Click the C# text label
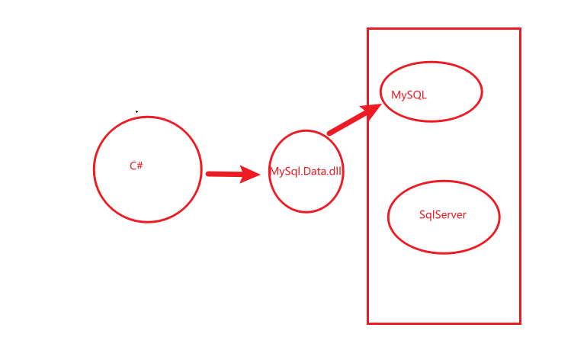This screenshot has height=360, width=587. tap(136, 166)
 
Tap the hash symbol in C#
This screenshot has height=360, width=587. tap(140, 166)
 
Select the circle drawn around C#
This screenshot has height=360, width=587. tap(95, 169)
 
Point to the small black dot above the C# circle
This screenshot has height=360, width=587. tap(137, 111)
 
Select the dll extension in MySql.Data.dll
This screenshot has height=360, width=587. tap(335, 172)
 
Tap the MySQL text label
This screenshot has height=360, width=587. tap(409, 95)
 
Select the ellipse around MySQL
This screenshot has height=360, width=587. tap(431, 63)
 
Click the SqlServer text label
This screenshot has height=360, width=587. tap(442, 215)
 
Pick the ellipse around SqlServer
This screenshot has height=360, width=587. tap(444, 182)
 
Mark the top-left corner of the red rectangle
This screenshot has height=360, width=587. tap(368, 29)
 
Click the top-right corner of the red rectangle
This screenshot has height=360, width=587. tap(520, 29)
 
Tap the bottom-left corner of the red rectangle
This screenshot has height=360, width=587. tap(368, 323)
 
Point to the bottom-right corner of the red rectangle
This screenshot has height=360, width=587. tap(520, 323)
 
